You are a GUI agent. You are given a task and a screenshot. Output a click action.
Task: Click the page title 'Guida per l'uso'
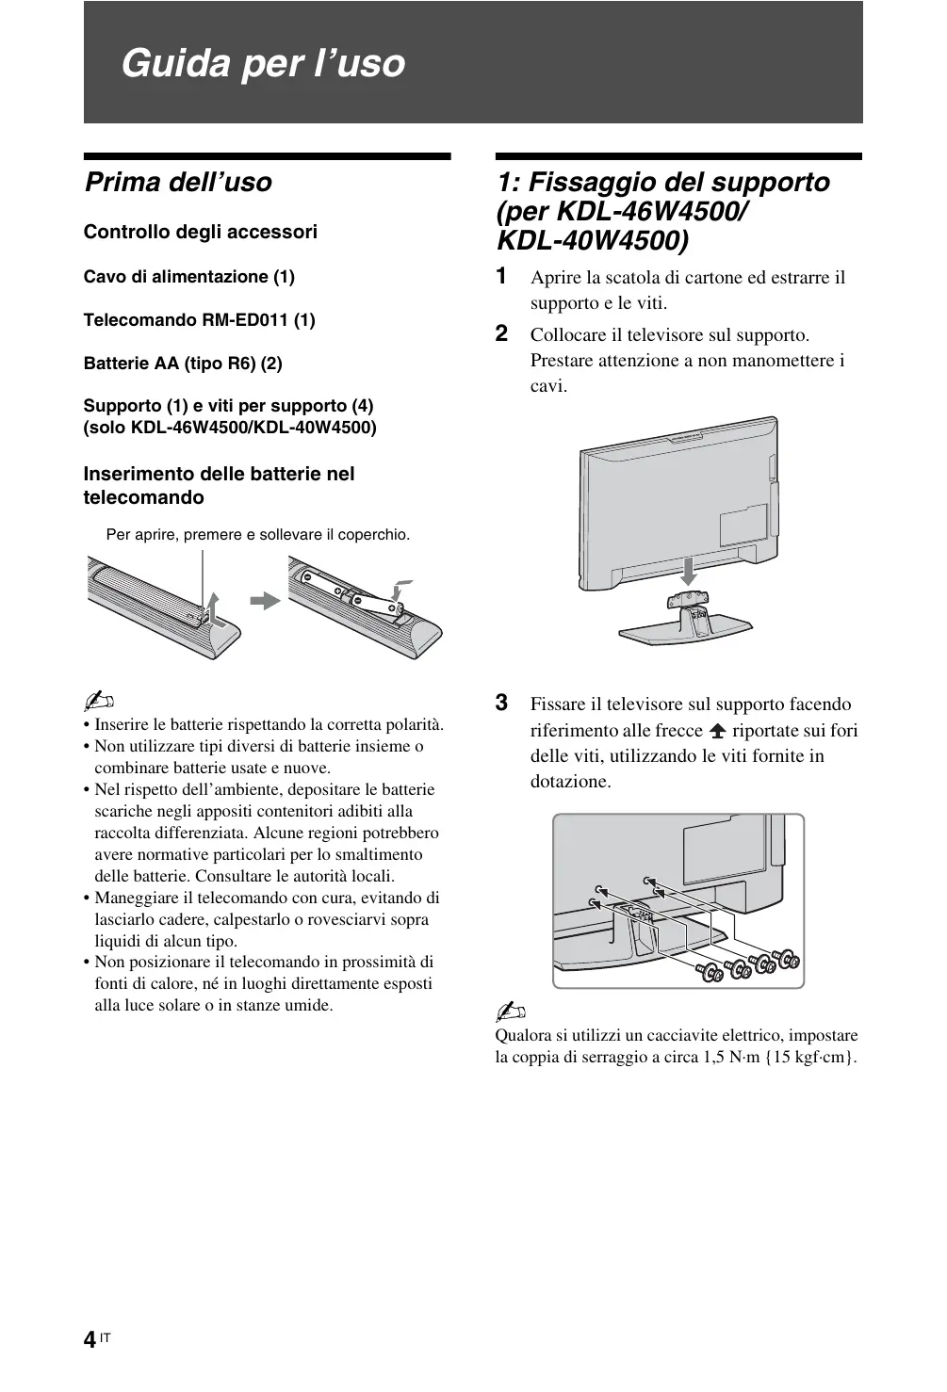pos(263,63)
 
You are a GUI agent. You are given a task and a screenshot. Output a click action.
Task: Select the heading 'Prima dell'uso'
pos(178,182)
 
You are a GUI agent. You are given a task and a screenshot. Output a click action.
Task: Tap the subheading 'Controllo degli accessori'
pos(201,232)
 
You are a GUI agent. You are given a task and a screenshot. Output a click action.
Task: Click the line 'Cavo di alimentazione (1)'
pos(189,277)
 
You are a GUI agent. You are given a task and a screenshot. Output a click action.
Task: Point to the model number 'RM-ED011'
pos(246,320)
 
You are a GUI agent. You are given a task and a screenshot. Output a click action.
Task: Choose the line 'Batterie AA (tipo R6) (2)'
pos(183,364)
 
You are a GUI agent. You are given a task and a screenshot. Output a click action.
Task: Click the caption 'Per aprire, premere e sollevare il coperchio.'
pos(258,535)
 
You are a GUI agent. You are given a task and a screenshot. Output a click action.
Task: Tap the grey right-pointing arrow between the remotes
pos(266,600)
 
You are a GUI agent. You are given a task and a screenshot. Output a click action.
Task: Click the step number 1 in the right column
pos(502,276)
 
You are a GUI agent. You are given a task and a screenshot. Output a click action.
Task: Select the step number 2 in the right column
pos(502,333)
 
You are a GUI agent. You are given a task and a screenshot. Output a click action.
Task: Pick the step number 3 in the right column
pos(502,703)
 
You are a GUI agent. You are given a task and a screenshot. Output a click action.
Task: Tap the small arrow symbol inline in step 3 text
pos(717,731)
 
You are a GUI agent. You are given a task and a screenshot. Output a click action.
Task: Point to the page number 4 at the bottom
pos(89,1340)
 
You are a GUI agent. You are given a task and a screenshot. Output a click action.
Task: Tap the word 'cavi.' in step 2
pos(548,386)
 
